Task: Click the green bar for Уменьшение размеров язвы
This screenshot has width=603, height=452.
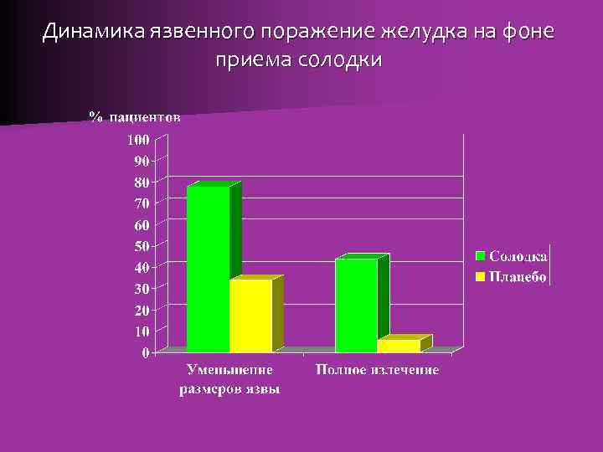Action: pyautogui.click(x=208, y=268)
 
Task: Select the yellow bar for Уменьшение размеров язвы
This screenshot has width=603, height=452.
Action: pyautogui.click(x=250, y=316)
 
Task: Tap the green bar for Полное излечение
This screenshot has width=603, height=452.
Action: pyautogui.click(x=356, y=306)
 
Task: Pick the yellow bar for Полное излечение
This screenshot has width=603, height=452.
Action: pyautogui.click(x=399, y=346)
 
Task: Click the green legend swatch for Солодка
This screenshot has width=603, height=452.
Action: pyautogui.click(x=482, y=255)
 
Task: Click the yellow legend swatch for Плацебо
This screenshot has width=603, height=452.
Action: pyautogui.click(x=482, y=276)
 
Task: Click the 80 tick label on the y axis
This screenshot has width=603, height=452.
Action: pyautogui.click(x=142, y=182)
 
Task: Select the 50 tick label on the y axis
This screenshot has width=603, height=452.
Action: pyautogui.click(x=142, y=246)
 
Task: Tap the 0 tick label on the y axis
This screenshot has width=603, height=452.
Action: pyautogui.click(x=146, y=353)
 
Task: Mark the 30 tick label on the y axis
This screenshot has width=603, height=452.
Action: pyautogui.click(x=142, y=289)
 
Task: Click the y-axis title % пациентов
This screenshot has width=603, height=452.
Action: pyautogui.click(x=135, y=117)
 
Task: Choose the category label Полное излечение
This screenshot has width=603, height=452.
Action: pyautogui.click(x=377, y=370)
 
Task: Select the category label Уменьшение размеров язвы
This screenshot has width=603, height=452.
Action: pyautogui.click(x=230, y=379)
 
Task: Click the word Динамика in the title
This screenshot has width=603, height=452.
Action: pyautogui.click(x=95, y=32)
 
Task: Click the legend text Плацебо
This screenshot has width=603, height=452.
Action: pyautogui.click(x=518, y=276)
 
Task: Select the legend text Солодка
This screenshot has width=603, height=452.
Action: pyautogui.click(x=518, y=255)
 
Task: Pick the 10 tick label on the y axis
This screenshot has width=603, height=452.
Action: pyautogui.click(x=142, y=331)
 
